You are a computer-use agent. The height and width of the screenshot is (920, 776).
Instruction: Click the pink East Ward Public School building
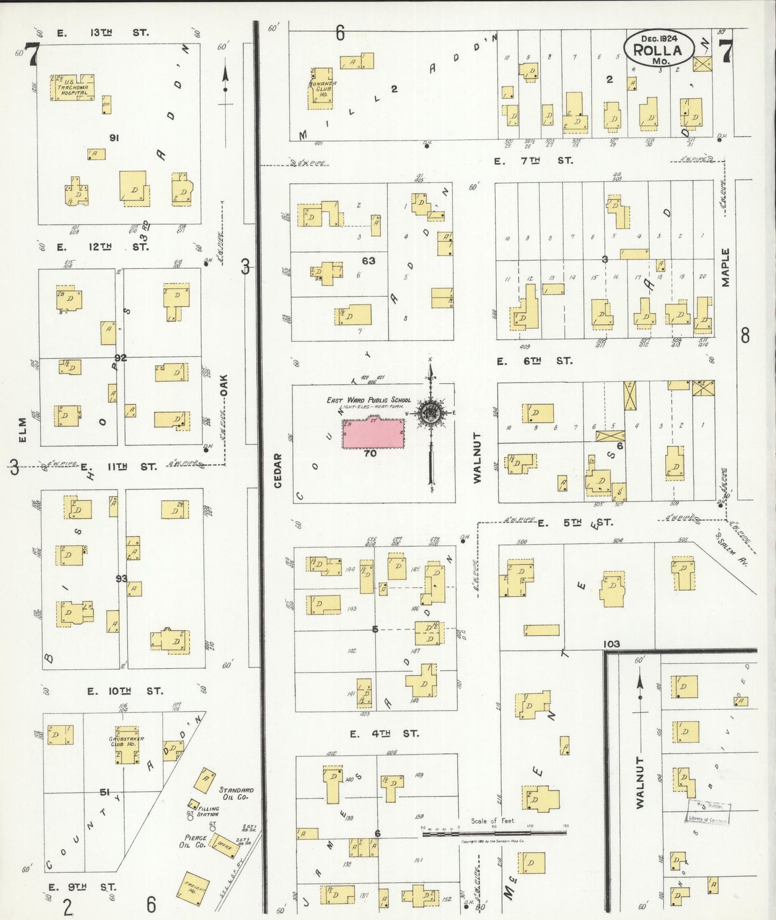point(373,433)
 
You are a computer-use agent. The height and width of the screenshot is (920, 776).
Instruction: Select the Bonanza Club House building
point(321,87)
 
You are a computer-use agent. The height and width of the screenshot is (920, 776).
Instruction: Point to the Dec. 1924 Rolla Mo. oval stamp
point(658,49)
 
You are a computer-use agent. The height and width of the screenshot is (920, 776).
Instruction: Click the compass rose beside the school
point(431,413)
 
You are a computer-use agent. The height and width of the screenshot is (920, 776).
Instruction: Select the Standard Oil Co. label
point(236,794)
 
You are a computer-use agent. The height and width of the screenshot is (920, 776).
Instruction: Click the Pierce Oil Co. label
point(194,841)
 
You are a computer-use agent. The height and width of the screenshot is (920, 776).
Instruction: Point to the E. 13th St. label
point(102,33)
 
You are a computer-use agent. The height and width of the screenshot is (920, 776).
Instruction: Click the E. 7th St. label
point(533,160)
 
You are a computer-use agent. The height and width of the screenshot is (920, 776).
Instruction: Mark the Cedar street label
point(278,470)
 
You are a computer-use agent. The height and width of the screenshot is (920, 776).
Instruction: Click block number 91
point(113,138)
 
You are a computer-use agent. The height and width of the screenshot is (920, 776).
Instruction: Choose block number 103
point(611,644)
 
